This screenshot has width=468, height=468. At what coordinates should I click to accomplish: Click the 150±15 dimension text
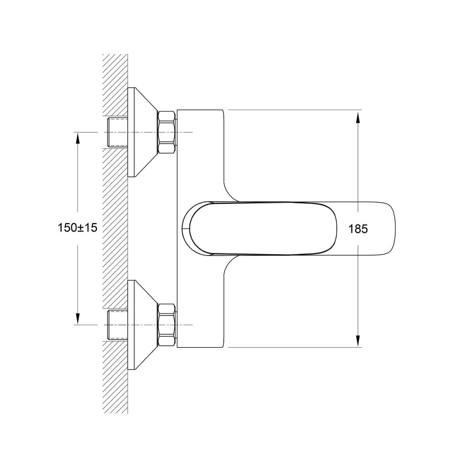tap(78, 228)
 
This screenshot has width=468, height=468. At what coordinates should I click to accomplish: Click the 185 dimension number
tap(358, 229)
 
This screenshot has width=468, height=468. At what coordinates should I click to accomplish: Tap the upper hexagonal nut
tap(166, 132)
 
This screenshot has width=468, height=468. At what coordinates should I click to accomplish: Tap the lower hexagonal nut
tap(166, 325)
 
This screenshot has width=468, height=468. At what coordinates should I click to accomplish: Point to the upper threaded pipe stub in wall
tap(117, 132)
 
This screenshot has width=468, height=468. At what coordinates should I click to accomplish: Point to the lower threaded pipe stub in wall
tap(117, 325)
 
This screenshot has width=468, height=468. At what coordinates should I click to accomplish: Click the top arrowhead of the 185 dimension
tap(358, 117)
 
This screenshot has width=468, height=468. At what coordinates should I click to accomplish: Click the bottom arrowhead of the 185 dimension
tap(358, 341)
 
